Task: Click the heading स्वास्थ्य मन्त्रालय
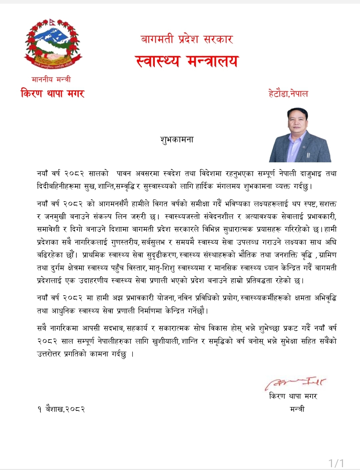[187, 61]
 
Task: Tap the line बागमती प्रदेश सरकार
[187, 39]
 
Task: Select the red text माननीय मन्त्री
[51, 79]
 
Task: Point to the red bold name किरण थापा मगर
[52, 93]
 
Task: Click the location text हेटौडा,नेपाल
[288, 93]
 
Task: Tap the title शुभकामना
[177, 139]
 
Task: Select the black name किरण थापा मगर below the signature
[293, 396]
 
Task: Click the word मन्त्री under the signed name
[297, 409]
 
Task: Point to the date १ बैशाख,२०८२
[61, 409]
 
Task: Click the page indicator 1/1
[336, 463]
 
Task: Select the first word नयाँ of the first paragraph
[42, 174]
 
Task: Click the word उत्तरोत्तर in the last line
[49, 354]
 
